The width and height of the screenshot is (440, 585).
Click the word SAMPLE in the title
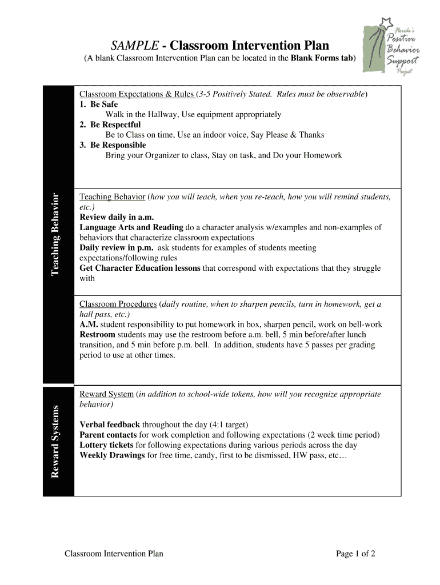pyautogui.click(x=133, y=45)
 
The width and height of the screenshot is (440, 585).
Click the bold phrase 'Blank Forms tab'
pyautogui.click(x=322, y=58)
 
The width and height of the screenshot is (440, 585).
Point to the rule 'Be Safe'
pyautogui.click(x=103, y=105)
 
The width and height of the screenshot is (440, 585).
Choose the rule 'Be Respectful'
pyautogui.click(x=115, y=125)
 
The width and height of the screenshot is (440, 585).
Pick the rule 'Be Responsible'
pyautogui.click(x=118, y=145)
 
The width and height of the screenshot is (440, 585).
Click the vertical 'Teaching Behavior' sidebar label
pyautogui.click(x=55, y=234)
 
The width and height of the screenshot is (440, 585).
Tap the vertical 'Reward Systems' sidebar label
pyautogui.click(x=55, y=442)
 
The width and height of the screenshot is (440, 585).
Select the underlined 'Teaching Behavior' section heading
pyautogui.click(x=112, y=197)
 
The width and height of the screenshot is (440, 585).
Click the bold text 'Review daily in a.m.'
pyautogui.click(x=117, y=217)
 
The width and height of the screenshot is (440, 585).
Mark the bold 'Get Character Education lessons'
pyautogui.click(x=140, y=268)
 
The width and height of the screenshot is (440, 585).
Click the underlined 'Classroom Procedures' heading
pyautogui.click(x=118, y=304)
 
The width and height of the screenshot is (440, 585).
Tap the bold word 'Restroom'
pyautogui.click(x=97, y=335)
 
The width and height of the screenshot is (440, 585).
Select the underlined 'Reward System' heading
pyautogui.click(x=106, y=394)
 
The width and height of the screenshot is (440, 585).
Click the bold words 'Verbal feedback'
pyautogui.click(x=110, y=424)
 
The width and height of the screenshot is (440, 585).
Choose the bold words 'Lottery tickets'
pyautogui.click(x=106, y=445)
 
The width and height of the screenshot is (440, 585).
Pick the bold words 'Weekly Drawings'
pyautogui.click(x=112, y=455)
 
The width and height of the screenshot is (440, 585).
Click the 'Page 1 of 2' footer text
pyautogui.click(x=355, y=553)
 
